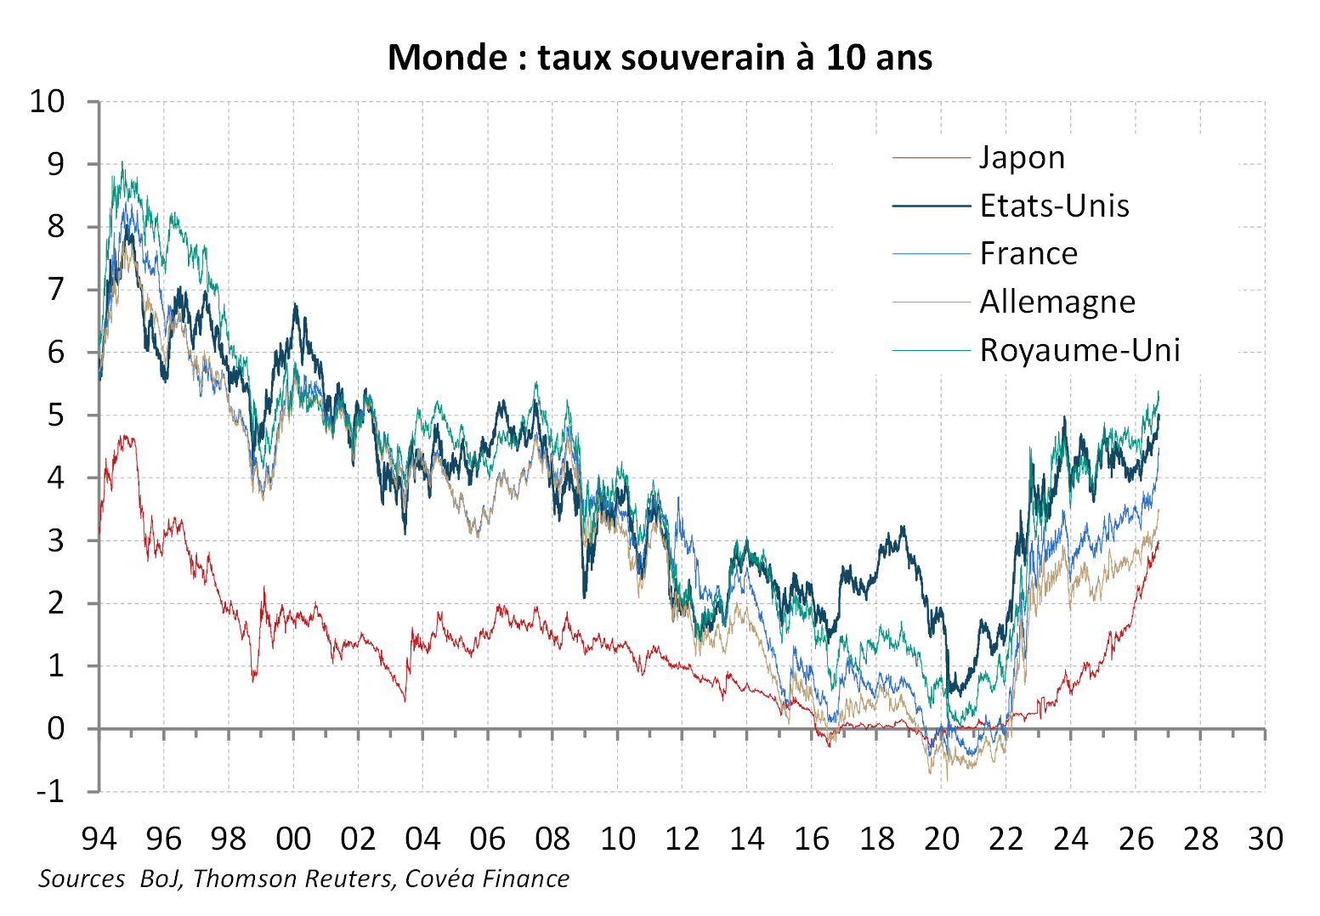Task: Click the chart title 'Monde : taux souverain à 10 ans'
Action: tap(660, 58)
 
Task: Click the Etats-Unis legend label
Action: tap(1054, 206)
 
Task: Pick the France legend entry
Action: tap(1028, 254)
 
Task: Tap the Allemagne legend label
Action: tap(1057, 303)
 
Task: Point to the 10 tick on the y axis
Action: tap(47, 101)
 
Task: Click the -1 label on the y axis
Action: tap(50, 792)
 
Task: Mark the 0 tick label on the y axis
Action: tap(56, 729)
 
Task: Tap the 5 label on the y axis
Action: tap(56, 416)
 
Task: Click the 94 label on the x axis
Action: tap(99, 838)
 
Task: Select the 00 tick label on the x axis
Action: tap(293, 838)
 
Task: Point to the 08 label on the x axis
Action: tap(552, 838)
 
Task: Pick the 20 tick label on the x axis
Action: tap(941, 838)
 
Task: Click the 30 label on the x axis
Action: tap(1266, 838)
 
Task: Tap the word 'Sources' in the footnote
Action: tap(82, 879)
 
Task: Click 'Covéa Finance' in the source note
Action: tap(487, 879)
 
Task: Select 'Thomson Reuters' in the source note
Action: tap(292, 879)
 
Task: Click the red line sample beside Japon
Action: tap(931, 158)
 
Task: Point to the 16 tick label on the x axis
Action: tap(812, 838)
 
